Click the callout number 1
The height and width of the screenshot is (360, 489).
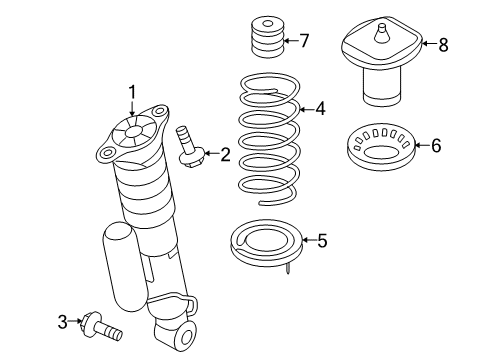point(131,92)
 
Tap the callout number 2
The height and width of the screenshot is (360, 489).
point(225,154)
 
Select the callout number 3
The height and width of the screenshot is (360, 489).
point(62,321)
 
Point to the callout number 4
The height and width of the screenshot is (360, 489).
point(320,108)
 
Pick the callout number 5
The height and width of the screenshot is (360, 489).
point(321,240)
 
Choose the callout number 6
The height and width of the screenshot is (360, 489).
point(435,146)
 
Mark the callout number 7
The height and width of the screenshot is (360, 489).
point(304,41)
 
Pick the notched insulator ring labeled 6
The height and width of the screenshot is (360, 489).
point(381,147)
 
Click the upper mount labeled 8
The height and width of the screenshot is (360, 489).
point(382,62)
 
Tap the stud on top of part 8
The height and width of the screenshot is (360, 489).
point(381,33)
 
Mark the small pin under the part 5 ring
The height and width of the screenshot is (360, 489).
point(287,266)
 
